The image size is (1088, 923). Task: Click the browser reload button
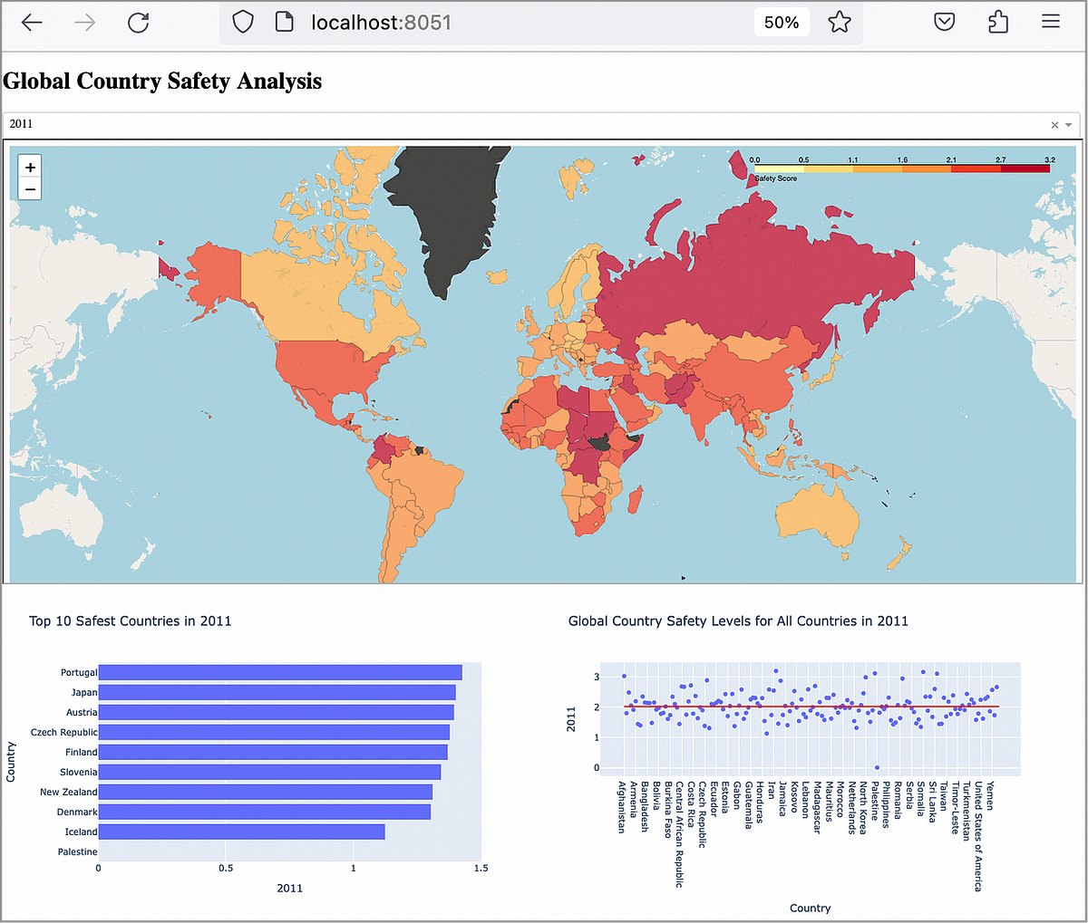click(138, 23)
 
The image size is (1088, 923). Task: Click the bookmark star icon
click(840, 23)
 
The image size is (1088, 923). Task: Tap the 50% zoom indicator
click(781, 23)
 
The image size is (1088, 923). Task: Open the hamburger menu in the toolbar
click(1051, 23)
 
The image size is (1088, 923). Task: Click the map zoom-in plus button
click(30, 168)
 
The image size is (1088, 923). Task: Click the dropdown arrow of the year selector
click(1069, 125)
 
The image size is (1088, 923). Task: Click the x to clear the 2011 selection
click(1054, 125)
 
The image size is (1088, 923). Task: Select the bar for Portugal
click(279, 672)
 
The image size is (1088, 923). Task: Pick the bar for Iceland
click(241, 832)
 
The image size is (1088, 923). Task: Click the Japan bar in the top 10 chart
click(277, 692)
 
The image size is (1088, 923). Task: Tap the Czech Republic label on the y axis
click(63, 732)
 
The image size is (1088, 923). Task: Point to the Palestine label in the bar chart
click(77, 851)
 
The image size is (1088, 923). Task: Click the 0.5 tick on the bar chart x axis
click(226, 868)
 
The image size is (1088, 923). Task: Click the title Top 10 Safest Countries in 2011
click(130, 620)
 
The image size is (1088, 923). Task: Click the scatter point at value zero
click(877, 767)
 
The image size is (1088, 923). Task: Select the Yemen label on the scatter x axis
click(989, 795)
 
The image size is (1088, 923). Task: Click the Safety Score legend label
click(776, 178)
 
